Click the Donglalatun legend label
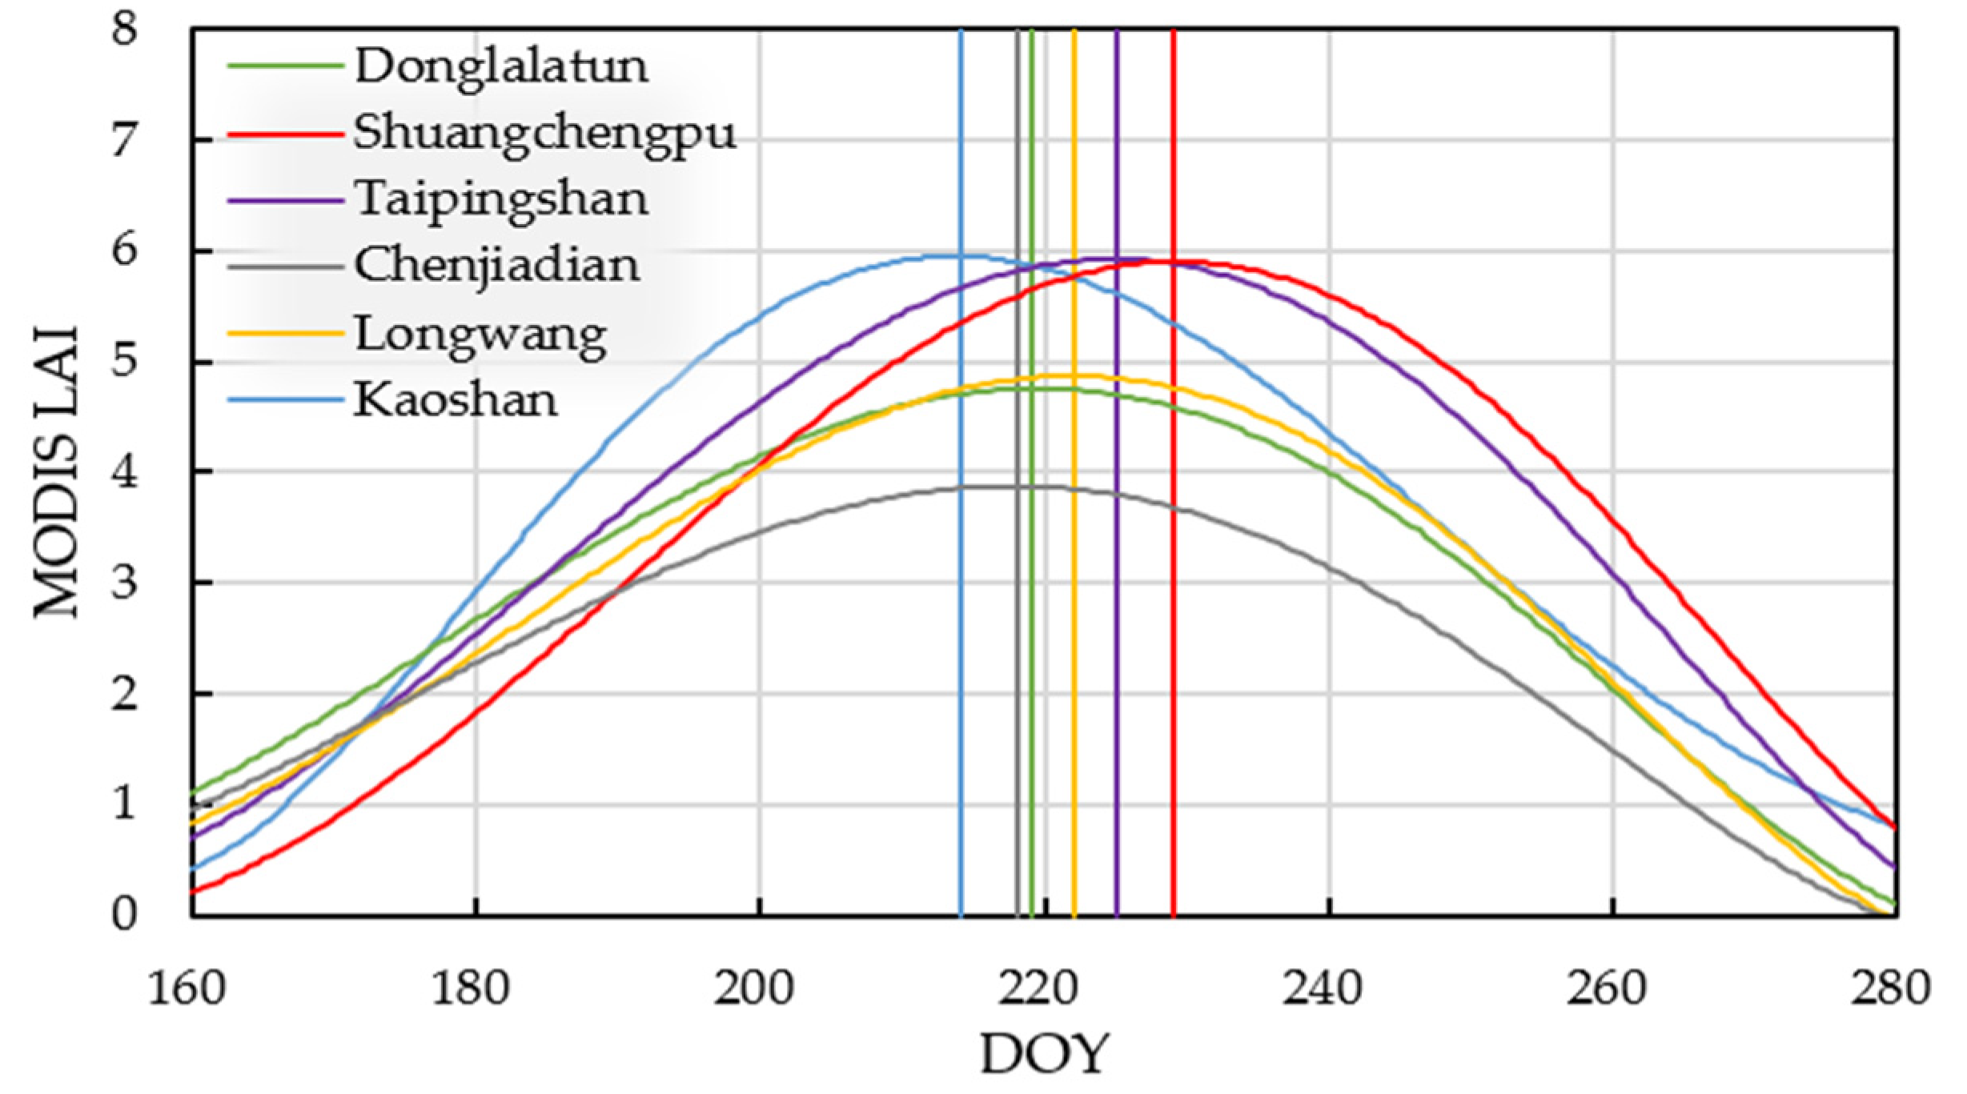pos(501,67)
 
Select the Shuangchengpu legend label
pos(544,134)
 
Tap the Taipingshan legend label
pos(501,200)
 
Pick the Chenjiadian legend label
pos(497,266)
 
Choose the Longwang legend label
pos(480,335)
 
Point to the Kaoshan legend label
pos(456,400)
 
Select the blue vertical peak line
pos(961,640)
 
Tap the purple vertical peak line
pos(1117,640)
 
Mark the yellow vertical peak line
pos(1074,640)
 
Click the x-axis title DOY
pos(1045,1054)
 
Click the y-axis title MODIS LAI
pos(58,472)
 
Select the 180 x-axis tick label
pos(471,989)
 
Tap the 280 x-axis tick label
pos(1891,989)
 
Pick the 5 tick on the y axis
pos(124,362)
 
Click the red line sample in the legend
pos(286,134)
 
